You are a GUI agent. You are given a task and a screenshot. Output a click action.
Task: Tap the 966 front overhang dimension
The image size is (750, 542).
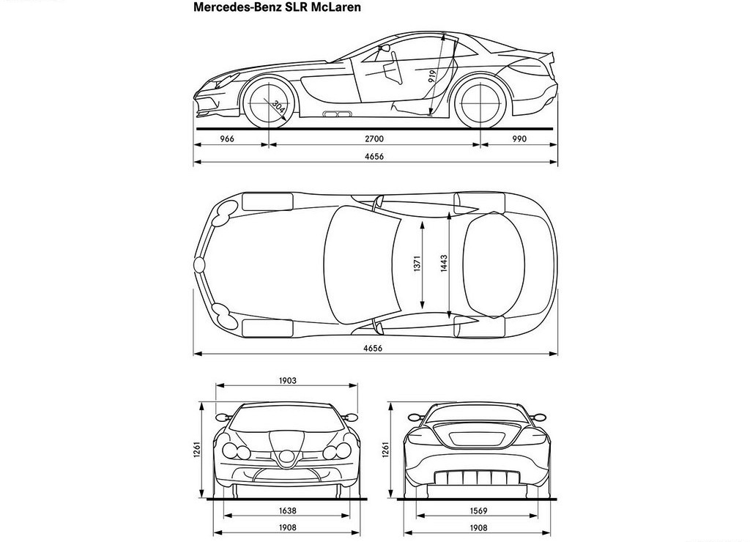tap(227, 139)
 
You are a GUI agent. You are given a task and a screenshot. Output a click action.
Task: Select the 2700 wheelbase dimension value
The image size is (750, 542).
tap(374, 139)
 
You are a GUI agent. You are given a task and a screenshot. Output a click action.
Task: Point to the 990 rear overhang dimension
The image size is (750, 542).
tap(519, 139)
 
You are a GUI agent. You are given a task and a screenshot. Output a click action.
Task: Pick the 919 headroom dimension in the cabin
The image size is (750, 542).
tap(432, 76)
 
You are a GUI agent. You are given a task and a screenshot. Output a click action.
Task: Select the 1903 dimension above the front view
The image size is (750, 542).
tap(287, 381)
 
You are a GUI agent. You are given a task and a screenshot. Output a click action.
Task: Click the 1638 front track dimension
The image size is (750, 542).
tap(287, 511)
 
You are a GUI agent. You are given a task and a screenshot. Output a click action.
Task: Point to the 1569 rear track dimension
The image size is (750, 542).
tap(478, 511)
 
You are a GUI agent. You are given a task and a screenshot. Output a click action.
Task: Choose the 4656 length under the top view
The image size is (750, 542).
tap(373, 348)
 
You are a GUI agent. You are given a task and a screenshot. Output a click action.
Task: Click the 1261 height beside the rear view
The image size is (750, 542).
tap(386, 449)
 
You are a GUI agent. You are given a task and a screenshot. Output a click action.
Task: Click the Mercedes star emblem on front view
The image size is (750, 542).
tap(287, 459)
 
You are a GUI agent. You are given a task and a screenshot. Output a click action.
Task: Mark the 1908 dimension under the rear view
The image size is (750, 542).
tap(478, 527)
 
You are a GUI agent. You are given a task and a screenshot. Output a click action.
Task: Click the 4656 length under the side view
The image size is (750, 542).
tap(374, 157)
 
